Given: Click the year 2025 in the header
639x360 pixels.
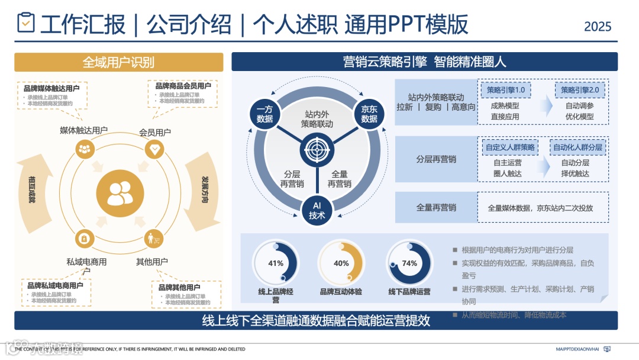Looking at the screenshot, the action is (598, 26).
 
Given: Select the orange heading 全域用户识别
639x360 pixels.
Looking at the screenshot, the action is (118, 62).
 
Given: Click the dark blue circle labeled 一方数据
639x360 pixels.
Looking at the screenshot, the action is (264, 114).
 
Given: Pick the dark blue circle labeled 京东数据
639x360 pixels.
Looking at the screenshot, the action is (369, 114).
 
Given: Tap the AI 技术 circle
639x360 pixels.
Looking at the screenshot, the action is (317, 210).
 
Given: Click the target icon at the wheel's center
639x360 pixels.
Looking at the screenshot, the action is (317, 149).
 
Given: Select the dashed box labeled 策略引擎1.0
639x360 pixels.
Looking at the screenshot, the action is (506, 89).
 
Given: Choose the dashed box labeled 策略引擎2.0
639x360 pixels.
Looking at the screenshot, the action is (580, 89).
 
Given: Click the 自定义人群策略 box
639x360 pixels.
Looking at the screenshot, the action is (509, 147).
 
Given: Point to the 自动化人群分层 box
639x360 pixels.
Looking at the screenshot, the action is (577, 147).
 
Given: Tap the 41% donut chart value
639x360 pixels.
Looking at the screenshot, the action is (276, 263).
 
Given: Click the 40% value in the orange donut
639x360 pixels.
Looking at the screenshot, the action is (341, 263).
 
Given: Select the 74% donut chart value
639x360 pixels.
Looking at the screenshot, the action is (409, 263).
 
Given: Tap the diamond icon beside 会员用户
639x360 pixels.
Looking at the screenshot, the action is (154, 149).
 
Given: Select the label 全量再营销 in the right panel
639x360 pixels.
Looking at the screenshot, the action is (436, 207).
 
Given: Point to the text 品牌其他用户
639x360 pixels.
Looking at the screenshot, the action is (179, 288).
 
